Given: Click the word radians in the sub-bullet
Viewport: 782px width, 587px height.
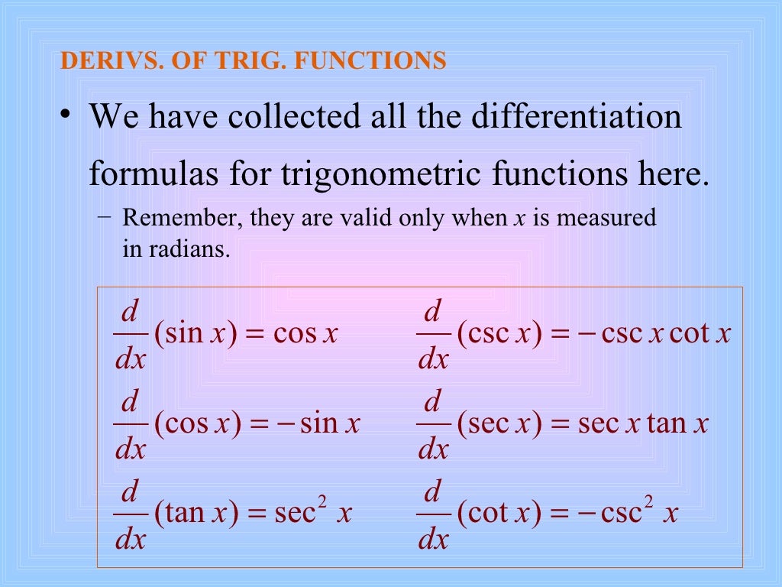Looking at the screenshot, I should click(195, 248).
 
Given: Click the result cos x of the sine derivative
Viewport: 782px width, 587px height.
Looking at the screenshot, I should click(305, 335).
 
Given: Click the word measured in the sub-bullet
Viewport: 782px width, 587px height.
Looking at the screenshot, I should click(606, 218).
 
